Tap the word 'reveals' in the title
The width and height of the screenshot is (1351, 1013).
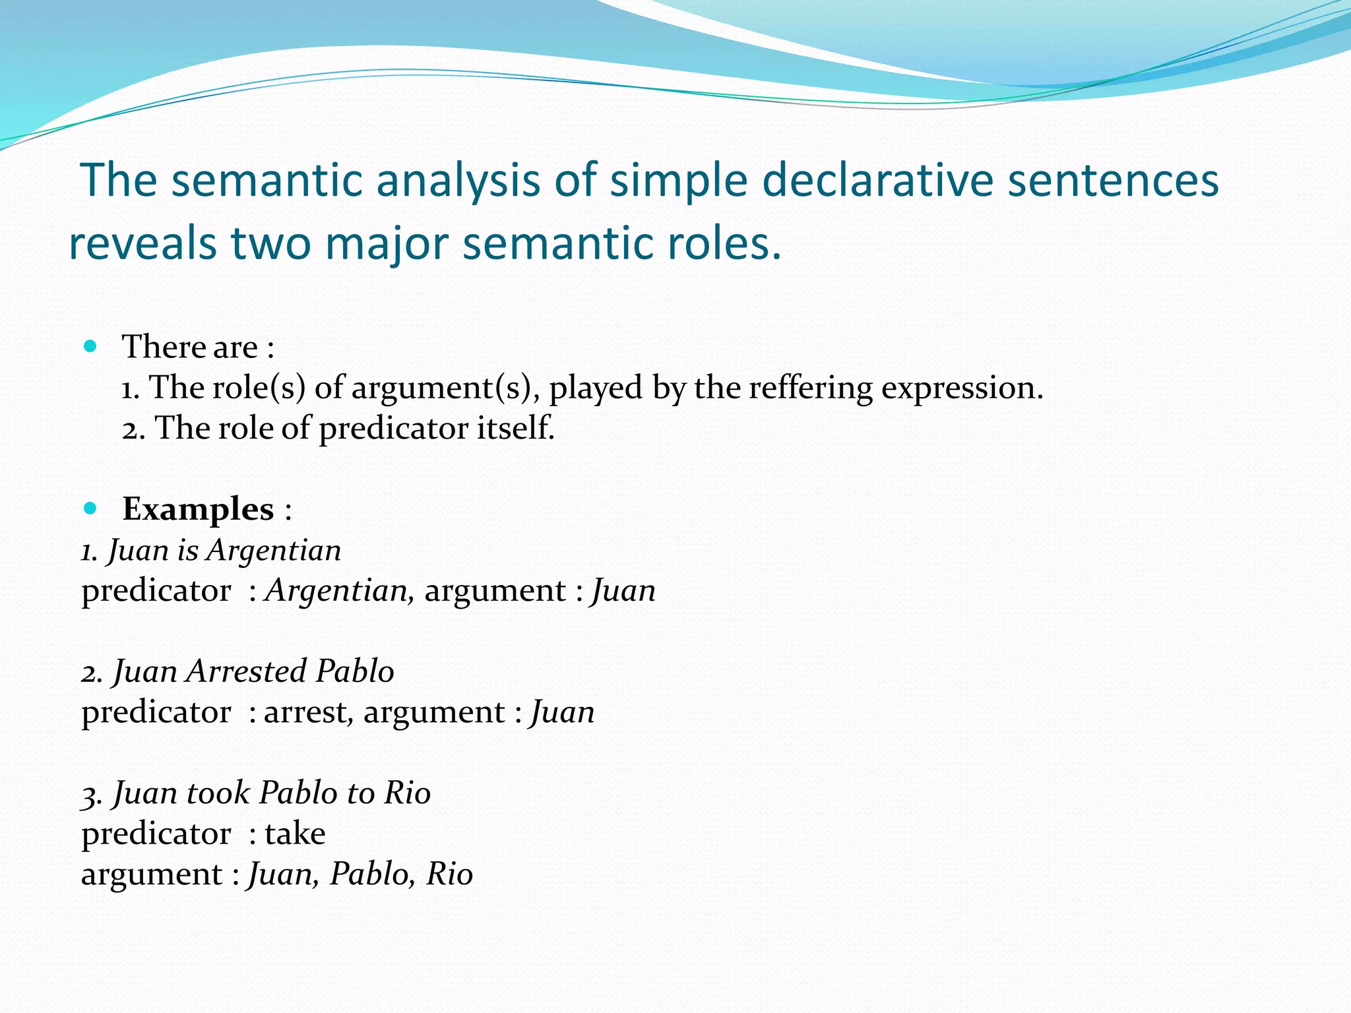(x=142, y=243)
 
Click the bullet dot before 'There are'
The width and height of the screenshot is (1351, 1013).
(x=90, y=346)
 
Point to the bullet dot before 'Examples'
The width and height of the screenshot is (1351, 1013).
(x=90, y=508)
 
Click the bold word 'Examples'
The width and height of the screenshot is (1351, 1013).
(x=198, y=509)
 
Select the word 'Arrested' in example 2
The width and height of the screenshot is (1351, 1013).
(x=247, y=671)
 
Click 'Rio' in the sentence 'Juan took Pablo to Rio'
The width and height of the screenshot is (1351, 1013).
(x=408, y=793)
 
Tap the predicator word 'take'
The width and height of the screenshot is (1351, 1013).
(x=295, y=834)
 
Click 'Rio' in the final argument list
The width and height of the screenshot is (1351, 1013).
(x=449, y=875)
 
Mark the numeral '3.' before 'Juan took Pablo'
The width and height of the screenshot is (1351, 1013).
(x=92, y=794)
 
